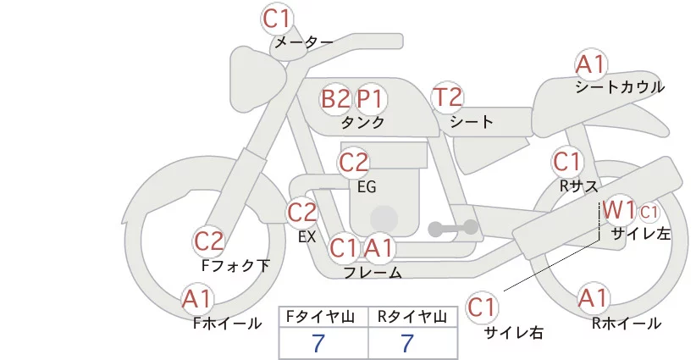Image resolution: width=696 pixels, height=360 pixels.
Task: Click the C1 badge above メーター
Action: pyautogui.click(x=278, y=17)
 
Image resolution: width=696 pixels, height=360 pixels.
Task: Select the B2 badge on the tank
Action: pyautogui.click(x=335, y=99)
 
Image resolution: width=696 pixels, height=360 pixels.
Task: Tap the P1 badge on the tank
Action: pyautogui.click(x=370, y=99)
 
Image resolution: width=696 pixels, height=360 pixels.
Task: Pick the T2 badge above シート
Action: pyautogui.click(x=448, y=97)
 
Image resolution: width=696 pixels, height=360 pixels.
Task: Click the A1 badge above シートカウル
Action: pyautogui.click(x=590, y=64)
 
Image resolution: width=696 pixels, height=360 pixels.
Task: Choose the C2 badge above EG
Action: pyautogui.click(x=354, y=162)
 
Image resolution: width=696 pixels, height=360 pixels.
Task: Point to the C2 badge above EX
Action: pyautogui.click(x=302, y=213)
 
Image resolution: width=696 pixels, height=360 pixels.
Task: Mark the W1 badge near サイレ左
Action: pyautogui.click(x=619, y=209)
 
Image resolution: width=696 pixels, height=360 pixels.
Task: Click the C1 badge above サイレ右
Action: pyautogui.click(x=482, y=306)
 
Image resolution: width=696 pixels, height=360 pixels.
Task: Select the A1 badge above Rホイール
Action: pyautogui.click(x=592, y=298)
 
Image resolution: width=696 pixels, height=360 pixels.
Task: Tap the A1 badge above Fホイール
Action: pyautogui.click(x=198, y=299)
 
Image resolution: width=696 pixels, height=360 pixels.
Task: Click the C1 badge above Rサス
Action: pyautogui.click(x=567, y=161)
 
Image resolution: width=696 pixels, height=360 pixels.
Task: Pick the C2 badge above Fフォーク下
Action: pyautogui.click(x=209, y=242)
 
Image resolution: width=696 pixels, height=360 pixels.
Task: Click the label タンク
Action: pyautogui.click(x=362, y=123)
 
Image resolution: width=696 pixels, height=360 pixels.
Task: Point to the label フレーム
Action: pyautogui.click(x=373, y=273)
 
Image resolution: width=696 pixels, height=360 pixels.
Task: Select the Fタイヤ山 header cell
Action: pyautogui.click(x=324, y=317)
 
